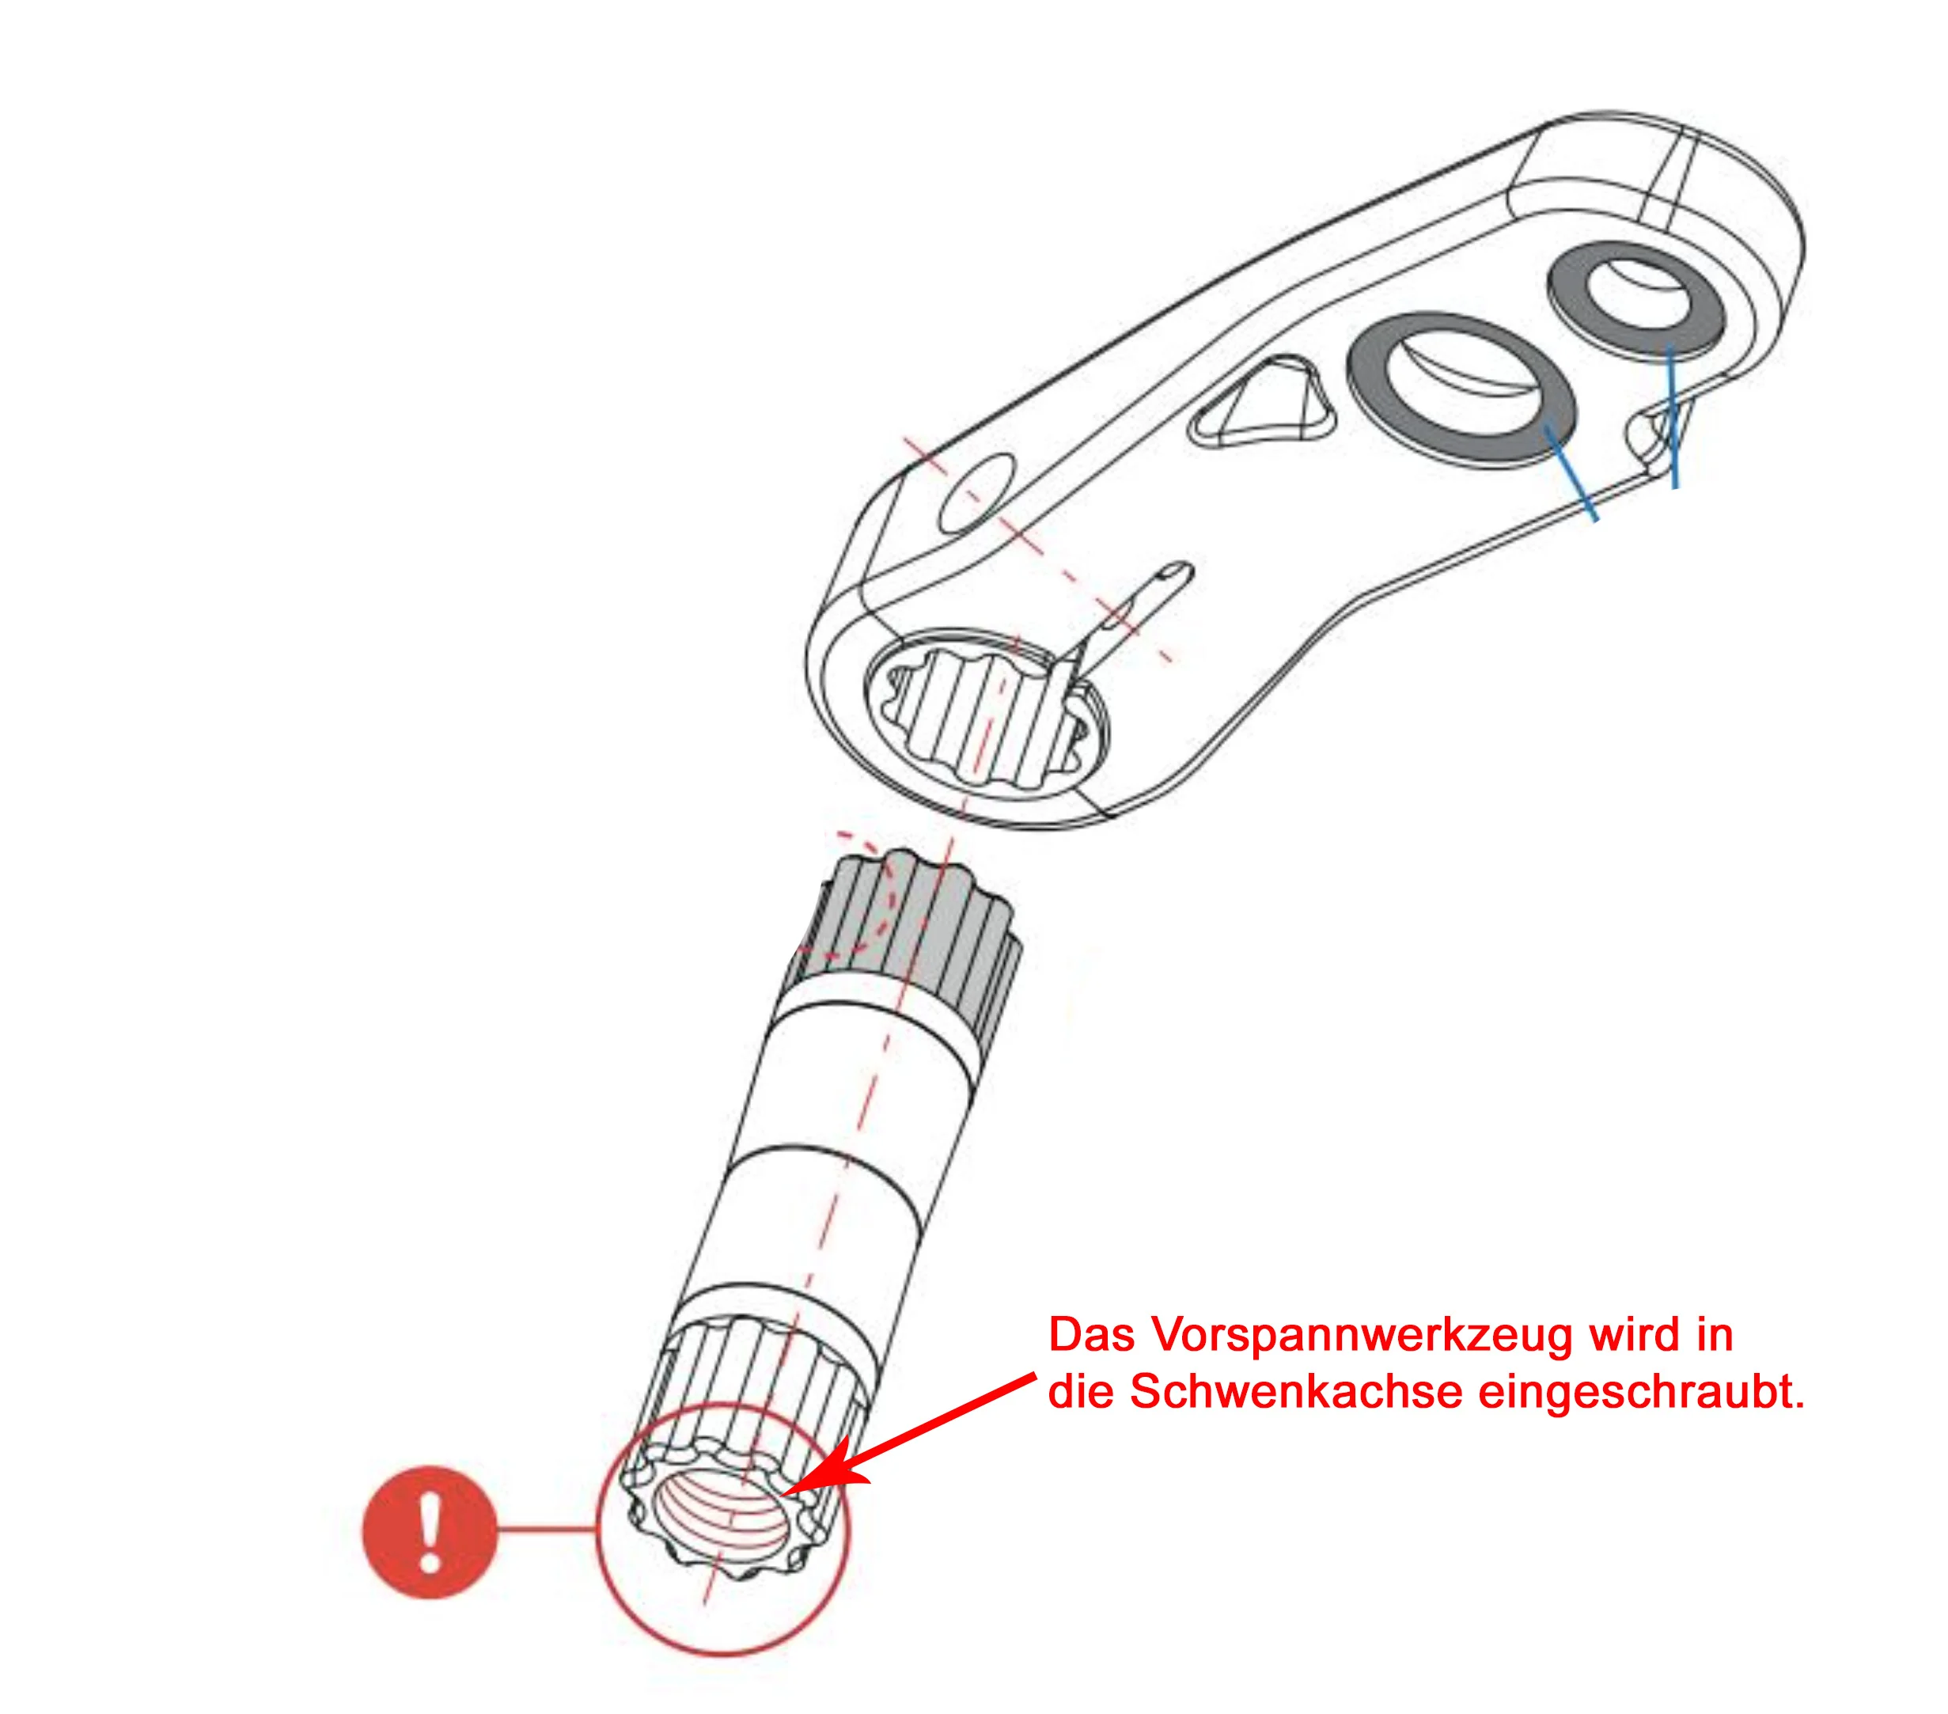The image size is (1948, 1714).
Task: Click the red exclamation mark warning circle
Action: (430, 1532)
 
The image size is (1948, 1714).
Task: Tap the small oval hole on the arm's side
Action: (978, 495)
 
